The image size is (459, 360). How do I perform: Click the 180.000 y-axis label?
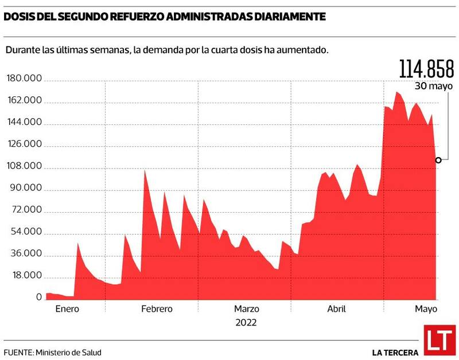click(x=24, y=79)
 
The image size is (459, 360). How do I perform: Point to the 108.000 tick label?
click(x=24, y=166)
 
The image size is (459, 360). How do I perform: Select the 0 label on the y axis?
click(x=39, y=298)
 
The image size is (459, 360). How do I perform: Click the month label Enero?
click(x=67, y=309)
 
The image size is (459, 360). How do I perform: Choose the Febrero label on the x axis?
click(x=157, y=309)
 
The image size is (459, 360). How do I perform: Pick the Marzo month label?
click(x=247, y=309)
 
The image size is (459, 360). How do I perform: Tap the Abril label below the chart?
click(x=336, y=309)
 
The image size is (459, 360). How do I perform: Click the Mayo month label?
click(x=426, y=309)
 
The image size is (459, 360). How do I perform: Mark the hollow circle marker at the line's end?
click(x=438, y=160)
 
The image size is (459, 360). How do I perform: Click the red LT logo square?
click(x=439, y=340)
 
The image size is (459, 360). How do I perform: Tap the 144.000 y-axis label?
click(x=24, y=123)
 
